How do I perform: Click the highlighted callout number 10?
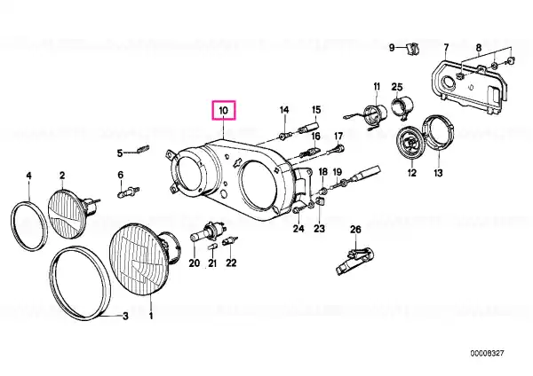tap(223, 110)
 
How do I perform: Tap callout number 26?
tap(355, 230)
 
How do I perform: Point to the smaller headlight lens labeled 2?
tap(68, 213)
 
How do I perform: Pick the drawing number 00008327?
tap(488, 353)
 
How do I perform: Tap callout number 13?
tap(438, 173)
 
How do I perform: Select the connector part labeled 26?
tap(354, 261)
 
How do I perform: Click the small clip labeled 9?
tap(412, 48)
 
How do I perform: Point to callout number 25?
tap(397, 87)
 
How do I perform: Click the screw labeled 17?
tap(338, 148)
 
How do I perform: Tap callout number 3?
tap(125, 317)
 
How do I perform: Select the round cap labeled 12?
tap(410, 143)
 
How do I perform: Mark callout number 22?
tap(231, 262)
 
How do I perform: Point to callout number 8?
tap(479, 48)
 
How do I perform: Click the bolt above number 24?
tap(297, 211)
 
